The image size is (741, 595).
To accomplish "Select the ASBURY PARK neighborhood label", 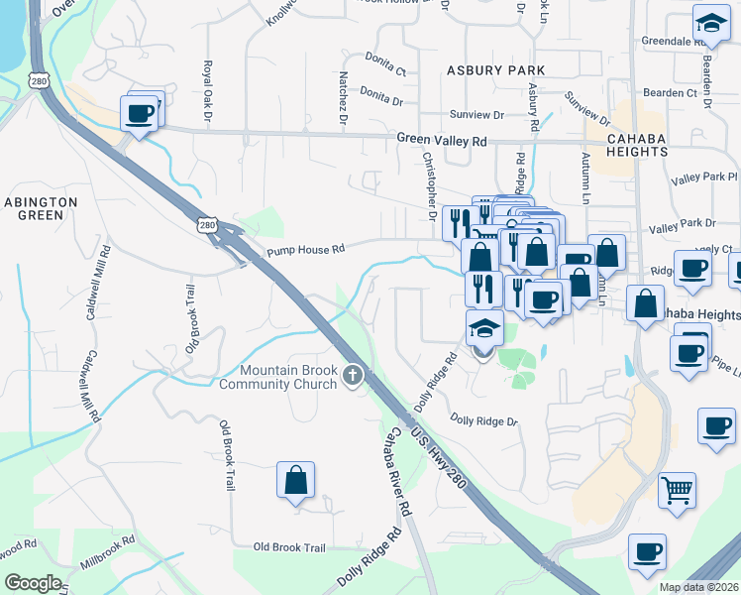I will pos(496,70).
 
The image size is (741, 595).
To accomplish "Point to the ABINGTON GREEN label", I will pos(41,208).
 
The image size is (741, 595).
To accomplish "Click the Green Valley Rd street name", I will pos(442,141).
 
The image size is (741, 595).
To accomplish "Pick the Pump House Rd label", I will pos(305,250).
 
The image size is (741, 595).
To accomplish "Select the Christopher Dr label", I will pos(430,184).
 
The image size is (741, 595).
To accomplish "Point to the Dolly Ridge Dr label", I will pos(483,421).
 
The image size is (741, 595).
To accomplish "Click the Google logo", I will pos(34,583).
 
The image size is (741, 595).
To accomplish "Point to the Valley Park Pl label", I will pos(703,178).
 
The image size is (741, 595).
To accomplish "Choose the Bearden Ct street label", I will pos(665,92).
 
